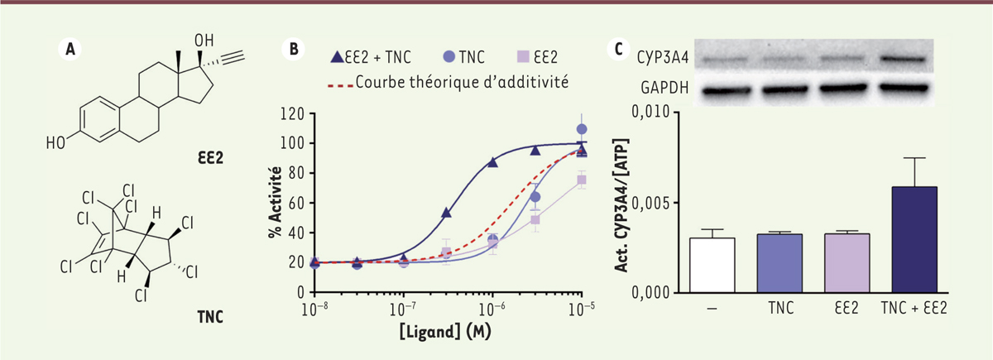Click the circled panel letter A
point(71,49)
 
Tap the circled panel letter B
point(294,49)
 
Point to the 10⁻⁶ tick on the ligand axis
point(493,307)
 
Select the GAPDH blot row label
point(662,85)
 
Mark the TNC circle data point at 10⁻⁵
point(582,129)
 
